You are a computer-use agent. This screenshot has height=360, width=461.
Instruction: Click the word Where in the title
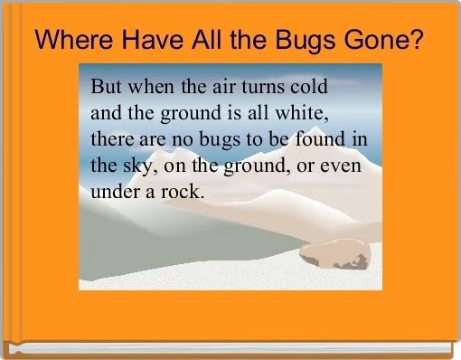(74, 40)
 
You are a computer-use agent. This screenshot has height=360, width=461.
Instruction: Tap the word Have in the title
(153, 40)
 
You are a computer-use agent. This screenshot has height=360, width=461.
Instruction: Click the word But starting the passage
(107, 86)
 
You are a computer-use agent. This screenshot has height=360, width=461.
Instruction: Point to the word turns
(263, 88)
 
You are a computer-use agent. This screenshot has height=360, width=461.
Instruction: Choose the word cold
(309, 86)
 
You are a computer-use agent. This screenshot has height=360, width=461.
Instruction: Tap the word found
(320, 139)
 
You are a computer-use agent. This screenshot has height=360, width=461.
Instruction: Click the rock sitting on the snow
(335, 254)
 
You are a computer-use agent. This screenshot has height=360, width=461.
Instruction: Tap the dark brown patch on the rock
(353, 263)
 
